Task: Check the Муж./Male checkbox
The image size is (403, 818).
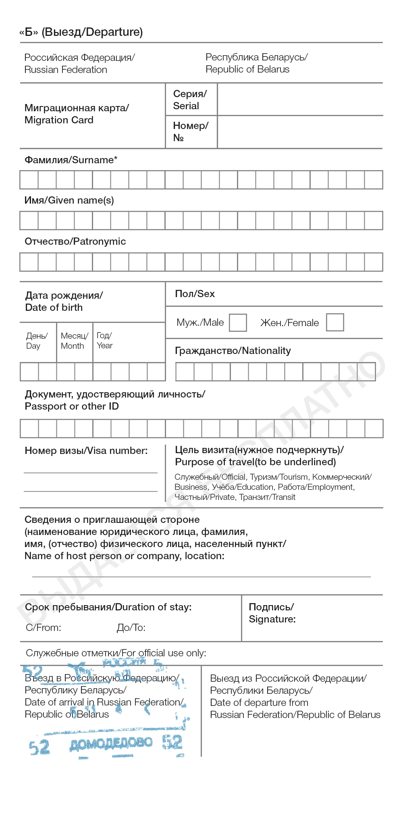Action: (238, 323)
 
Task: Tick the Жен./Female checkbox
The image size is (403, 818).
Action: (335, 322)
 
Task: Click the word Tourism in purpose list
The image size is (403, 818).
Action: (293, 477)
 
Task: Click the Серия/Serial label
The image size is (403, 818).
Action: (190, 100)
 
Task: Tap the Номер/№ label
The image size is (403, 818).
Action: (190, 131)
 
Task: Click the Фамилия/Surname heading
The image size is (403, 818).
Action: (71, 160)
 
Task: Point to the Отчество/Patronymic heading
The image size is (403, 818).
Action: (75, 241)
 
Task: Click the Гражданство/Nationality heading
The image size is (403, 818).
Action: (233, 351)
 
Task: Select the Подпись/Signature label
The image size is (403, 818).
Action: (272, 613)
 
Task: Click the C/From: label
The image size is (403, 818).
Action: (44, 628)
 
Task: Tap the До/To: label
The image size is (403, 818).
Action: (131, 628)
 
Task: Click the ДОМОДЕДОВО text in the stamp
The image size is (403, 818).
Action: (111, 743)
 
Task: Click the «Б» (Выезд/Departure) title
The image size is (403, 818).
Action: (81, 32)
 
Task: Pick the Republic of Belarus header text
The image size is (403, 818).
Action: (247, 69)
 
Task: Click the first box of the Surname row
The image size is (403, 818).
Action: (29, 180)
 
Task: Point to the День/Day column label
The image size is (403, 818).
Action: (37, 341)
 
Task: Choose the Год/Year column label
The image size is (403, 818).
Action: (104, 340)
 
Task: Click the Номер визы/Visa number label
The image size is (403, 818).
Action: (86, 451)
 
